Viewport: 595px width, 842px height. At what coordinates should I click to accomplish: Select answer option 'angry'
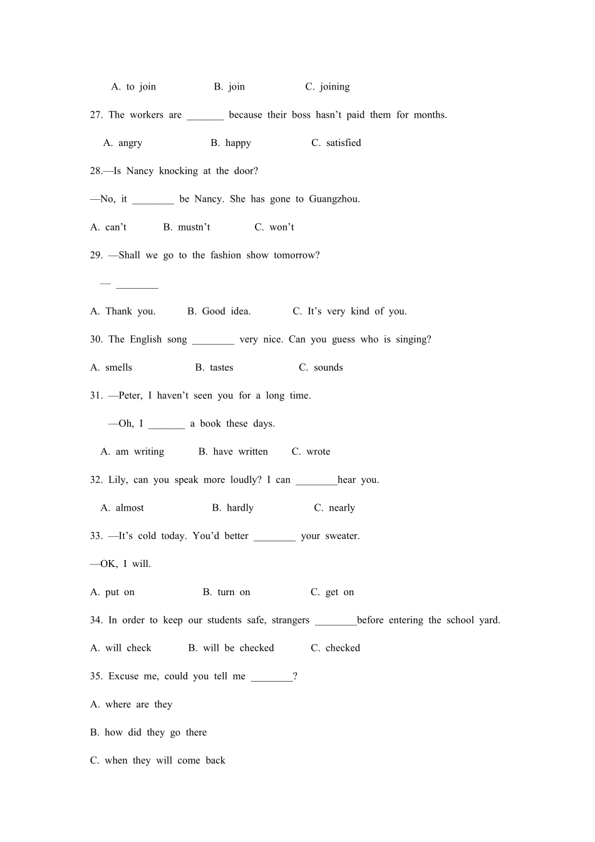click(x=130, y=143)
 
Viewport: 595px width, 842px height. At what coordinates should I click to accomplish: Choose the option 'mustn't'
click(x=194, y=227)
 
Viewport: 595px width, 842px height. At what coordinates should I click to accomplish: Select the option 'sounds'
click(x=328, y=368)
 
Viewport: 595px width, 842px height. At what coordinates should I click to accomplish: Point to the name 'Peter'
click(x=130, y=396)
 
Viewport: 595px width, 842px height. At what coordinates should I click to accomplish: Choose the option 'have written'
click(x=240, y=452)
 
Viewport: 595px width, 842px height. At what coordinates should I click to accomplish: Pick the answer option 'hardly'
click(x=240, y=508)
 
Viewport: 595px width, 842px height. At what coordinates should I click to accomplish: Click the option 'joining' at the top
click(x=334, y=87)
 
